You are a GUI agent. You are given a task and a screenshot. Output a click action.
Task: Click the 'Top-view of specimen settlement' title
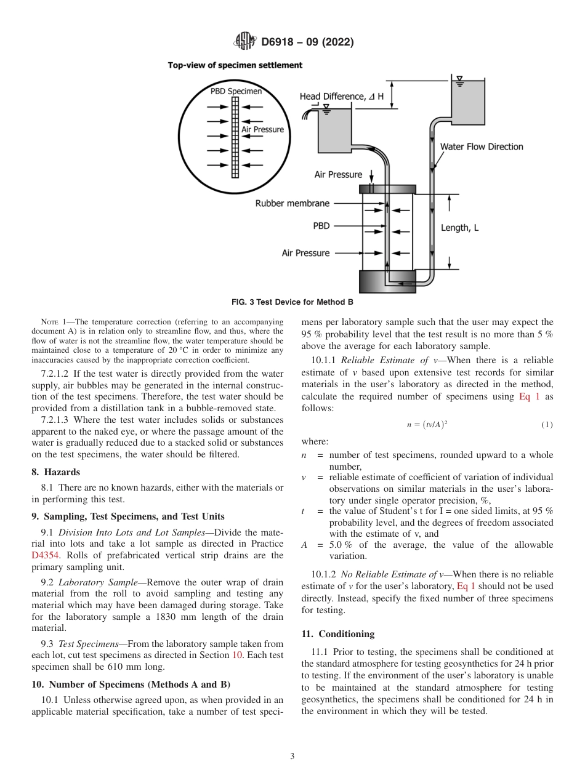[x=235, y=65]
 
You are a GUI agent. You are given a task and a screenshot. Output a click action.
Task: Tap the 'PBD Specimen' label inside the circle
[x=236, y=91]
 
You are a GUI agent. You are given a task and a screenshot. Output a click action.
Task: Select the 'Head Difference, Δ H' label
[x=341, y=97]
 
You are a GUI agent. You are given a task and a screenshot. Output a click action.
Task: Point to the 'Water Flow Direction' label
[x=482, y=147]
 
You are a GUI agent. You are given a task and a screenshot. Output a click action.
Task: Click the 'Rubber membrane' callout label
[x=292, y=203]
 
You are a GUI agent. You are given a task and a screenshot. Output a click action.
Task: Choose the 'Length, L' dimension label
[x=459, y=228]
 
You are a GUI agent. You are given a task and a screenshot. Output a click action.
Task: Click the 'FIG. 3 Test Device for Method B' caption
[x=292, y=302]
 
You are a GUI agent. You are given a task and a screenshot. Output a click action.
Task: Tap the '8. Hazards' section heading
[x=55, y=472]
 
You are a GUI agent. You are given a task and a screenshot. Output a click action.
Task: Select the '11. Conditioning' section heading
[x=337, y=633]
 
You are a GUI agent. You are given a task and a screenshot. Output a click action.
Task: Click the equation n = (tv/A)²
[x=427, y=425]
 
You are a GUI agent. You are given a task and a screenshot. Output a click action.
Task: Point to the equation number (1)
[x=547, y=425]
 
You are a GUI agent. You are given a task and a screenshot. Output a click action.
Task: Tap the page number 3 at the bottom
[x=292, y=756]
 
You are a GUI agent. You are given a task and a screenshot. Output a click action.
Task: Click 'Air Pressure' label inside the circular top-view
[x=262, y=129]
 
